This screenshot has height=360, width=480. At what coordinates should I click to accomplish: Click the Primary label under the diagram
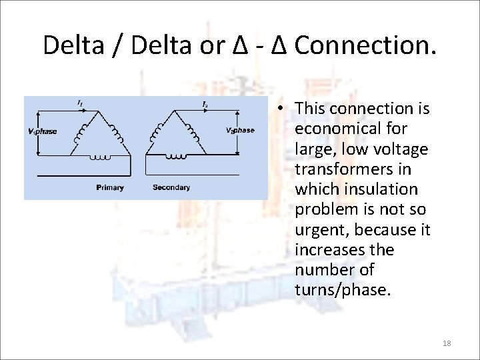(110, 187)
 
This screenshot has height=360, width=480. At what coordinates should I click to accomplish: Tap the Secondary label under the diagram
(171, 187)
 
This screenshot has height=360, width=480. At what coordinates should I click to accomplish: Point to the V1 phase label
(42, 131)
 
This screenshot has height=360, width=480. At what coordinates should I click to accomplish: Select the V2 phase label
(239, 130)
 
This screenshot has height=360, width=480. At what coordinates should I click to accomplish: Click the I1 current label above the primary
(80, 103)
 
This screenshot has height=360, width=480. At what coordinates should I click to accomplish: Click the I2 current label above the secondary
(205, 103)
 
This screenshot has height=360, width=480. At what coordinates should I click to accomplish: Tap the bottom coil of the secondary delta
(176, 157)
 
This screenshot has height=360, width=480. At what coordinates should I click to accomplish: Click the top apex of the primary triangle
(104, 109)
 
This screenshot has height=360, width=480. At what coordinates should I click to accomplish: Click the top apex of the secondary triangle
(176, 109)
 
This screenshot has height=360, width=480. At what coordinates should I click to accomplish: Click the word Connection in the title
(365, 45)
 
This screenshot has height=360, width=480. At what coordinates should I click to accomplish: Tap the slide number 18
(447, 343)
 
